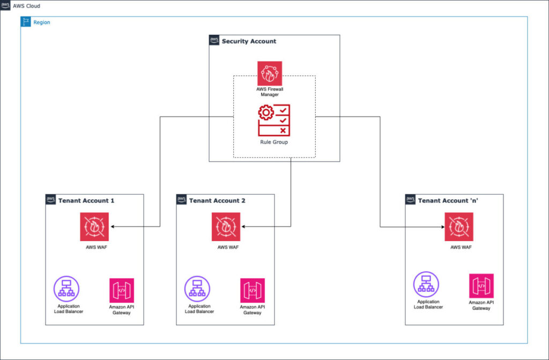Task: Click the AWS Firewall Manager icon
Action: coord(270,73)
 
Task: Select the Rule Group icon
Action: coord(274,120)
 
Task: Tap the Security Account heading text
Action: coord(249,41)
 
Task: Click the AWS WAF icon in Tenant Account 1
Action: coord(94,227)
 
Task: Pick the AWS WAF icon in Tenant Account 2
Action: coord(226,227)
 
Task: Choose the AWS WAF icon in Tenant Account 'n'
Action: coord(459,227)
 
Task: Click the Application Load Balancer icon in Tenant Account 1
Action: coord(66,289)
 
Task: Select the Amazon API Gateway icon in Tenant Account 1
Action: coord(122,290)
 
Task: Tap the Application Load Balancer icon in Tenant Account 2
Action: coord(197,289)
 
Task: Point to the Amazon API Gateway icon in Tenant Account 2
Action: coord(253,290)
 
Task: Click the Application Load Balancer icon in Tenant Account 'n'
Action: coord(426,284)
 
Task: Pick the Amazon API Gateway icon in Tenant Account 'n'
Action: coord(481,286)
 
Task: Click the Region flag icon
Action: coord(26,21)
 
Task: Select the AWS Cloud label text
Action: coord(27,6)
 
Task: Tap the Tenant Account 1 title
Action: coord(86,200)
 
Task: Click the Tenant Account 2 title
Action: coord(217,200)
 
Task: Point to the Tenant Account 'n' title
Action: coord(448,200)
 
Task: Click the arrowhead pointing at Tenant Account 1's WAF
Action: coord(113,227)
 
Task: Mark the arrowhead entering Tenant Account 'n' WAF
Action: coord(442,227)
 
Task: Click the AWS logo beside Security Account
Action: coord(214,40)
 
